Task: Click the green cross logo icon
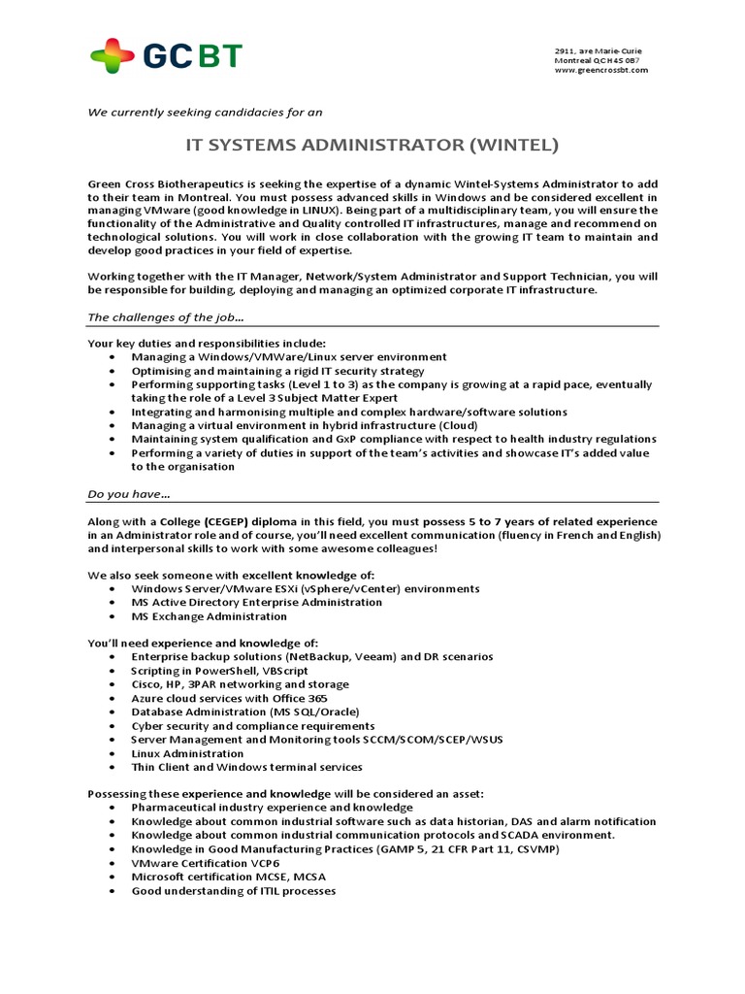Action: coord(112,57)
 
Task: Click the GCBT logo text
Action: coord(195,57)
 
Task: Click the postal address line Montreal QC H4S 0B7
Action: coord(597,60)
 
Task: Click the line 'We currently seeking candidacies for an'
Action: coord(205,112)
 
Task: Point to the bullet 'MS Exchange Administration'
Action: coord(209,616)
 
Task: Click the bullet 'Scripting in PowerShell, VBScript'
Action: coord(220,671)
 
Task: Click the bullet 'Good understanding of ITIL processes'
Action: coord(233,890)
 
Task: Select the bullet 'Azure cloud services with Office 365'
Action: coord(229,698)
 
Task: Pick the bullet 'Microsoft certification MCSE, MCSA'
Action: coord(228,877)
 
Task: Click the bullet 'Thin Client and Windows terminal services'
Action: coord(246,767)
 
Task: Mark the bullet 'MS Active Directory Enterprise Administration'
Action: coord(256,602)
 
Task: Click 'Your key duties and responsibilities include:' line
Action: coord(207,344)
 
